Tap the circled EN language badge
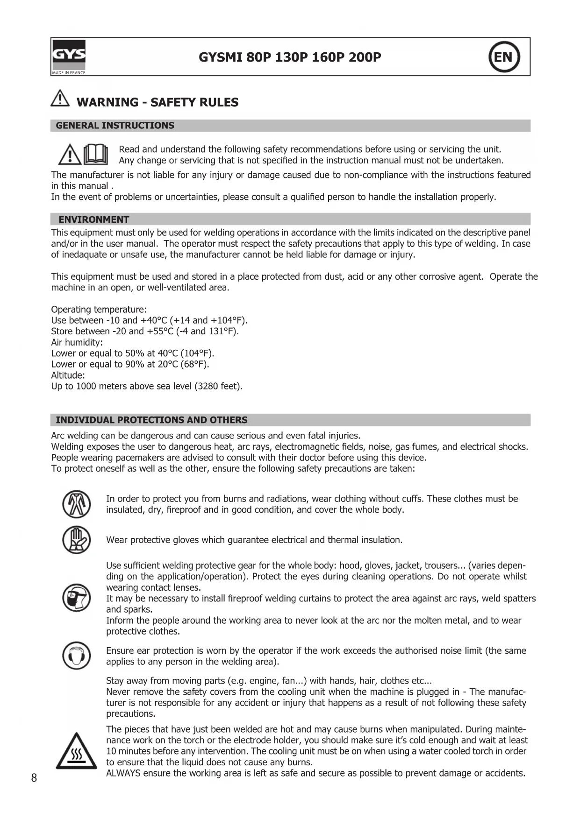(504, 57)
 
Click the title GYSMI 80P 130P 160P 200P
(290, 57)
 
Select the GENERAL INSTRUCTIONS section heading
(115, 126)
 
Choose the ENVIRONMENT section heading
(93, 219)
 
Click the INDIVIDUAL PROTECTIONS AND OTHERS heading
(151, 420)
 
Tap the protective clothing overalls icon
(76, 504)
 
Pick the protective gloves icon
(76, 540)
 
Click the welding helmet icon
(76, 598)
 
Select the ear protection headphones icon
(76, 656)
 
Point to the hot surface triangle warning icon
(76, 752)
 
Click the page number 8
(34, 778)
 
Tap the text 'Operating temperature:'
(99, 310)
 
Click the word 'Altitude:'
(68, 375)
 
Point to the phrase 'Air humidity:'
(77, 342)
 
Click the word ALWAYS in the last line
(123, 773)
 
